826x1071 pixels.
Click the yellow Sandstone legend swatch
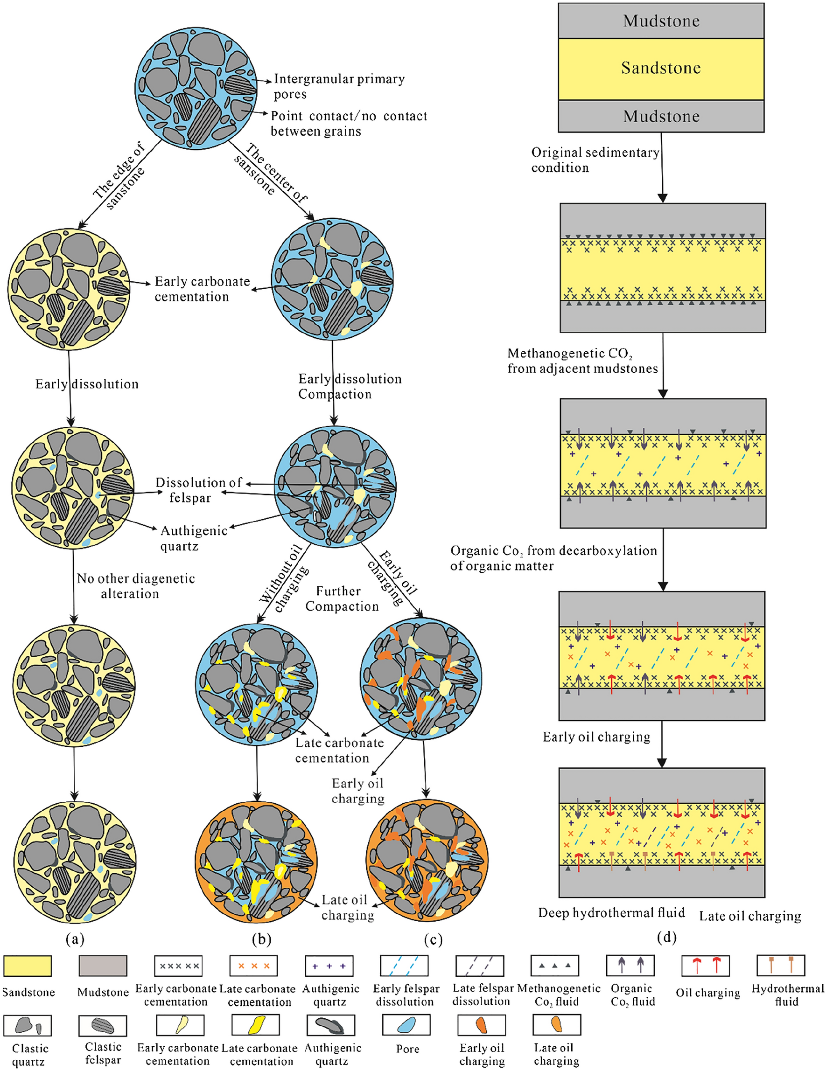pos(28,966)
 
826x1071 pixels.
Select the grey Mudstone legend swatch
pos(103,966)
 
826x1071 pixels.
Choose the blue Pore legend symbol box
pos(406,1025)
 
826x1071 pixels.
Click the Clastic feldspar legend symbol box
pos(103,1025)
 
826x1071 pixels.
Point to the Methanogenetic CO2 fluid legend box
pos(555,965)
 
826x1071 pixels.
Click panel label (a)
pos(75,939)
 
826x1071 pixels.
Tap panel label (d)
pos(666,937)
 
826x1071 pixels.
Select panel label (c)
pos(433,939)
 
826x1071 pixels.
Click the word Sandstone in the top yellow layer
pos(661,68)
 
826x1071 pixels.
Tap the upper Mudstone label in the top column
pos(661,21)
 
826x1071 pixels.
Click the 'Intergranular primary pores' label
pos(339,86)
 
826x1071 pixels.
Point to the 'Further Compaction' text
pos(342,599)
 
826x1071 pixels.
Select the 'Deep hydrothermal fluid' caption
pos(611,912)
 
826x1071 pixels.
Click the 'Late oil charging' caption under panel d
pos(750,916)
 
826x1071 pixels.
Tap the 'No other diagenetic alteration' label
pos(135,586)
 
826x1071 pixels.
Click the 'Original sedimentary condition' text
pos(595,160)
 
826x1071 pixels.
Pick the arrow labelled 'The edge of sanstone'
pos(121,184)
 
